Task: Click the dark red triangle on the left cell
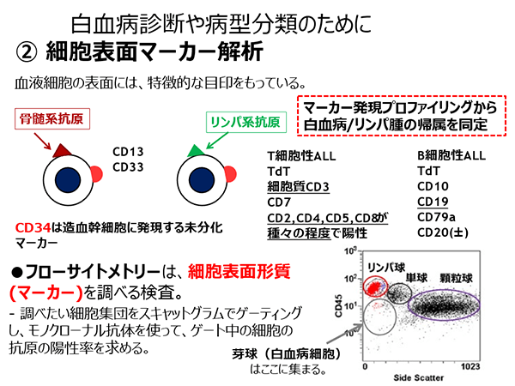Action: coord(62,151)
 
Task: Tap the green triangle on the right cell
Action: coord(196,151)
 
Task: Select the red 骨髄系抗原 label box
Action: coord(52,119)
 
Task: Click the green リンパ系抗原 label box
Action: coord(246,123)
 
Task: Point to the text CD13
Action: coord(128,152)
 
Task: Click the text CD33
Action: coord(128,167)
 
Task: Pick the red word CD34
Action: coord(33,227)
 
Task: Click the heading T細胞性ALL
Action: coord(301,155)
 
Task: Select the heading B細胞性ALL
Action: coord(451,155)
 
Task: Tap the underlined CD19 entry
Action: coord(433,202)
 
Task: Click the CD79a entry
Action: coord(436,217)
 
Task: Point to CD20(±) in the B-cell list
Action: coord(443,232)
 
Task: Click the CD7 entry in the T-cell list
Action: coord(279,202)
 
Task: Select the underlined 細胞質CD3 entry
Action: coord(298,187)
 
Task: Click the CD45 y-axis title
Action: coord(338,306)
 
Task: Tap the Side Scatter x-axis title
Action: coord(419,377)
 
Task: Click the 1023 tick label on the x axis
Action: coord(470,366)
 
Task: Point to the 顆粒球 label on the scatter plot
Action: coord(457,278)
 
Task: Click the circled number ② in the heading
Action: coord(27,52)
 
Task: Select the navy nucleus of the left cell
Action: coord(68,180)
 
